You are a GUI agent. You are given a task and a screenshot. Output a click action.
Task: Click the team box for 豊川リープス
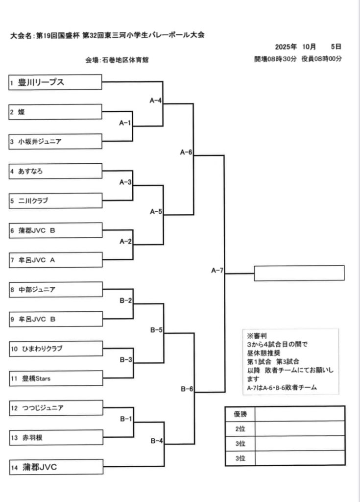[55, 82]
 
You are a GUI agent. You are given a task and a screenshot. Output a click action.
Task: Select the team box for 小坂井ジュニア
[55, 141]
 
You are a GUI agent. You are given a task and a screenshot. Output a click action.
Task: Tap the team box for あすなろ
[55, 171]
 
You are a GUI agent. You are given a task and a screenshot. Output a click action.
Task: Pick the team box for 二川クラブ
[55, 201]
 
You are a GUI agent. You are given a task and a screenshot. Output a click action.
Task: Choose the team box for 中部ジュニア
[55, 289]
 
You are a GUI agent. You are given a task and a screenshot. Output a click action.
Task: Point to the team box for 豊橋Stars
[55, 378]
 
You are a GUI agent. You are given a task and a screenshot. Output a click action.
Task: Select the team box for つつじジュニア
[55, 407]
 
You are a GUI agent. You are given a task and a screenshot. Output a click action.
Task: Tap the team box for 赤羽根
[55, 437]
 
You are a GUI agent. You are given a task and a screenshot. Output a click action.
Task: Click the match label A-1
[125, 123]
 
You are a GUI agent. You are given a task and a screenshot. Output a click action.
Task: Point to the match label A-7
[217, 270]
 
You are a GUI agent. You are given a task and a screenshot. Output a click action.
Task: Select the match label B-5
[156, 330]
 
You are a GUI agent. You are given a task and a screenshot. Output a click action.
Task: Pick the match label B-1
[126, 419]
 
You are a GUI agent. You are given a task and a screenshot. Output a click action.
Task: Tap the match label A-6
[186, 152]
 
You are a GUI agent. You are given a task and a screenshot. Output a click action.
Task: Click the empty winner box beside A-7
[299, 273]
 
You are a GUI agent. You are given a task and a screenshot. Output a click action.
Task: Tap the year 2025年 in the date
[286, 47]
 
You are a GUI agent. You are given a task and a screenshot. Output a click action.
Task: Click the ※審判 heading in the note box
[257, 336]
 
